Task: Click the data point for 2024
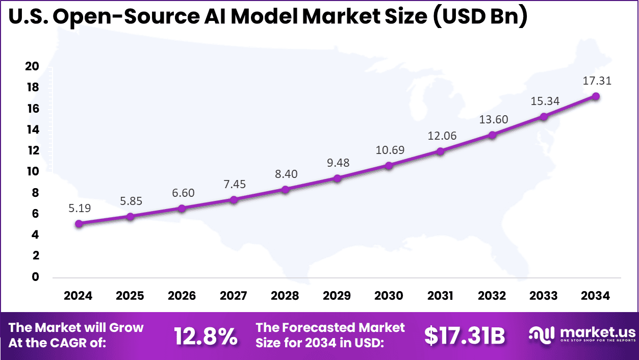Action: click(x=78, y=223)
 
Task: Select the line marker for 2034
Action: click(x=595, y=96)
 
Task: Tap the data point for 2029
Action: click(x=337, y=178)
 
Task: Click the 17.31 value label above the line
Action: click(x=597, y=81)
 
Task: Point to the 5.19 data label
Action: click(x=80, y=208)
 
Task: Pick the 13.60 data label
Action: click(x=494, y=119)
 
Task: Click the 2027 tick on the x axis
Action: click(x=233, y=296)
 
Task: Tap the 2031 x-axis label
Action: click(x=440, y=296)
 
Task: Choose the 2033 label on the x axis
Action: click(x=544, y=296)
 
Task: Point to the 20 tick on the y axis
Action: click(x=33, y=67)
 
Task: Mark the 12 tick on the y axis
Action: click(x=33, y=151)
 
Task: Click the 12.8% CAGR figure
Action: click(x=206, y=336)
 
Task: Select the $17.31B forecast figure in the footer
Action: click(x=465, y=336)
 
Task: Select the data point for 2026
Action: click(x=182, y=208)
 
